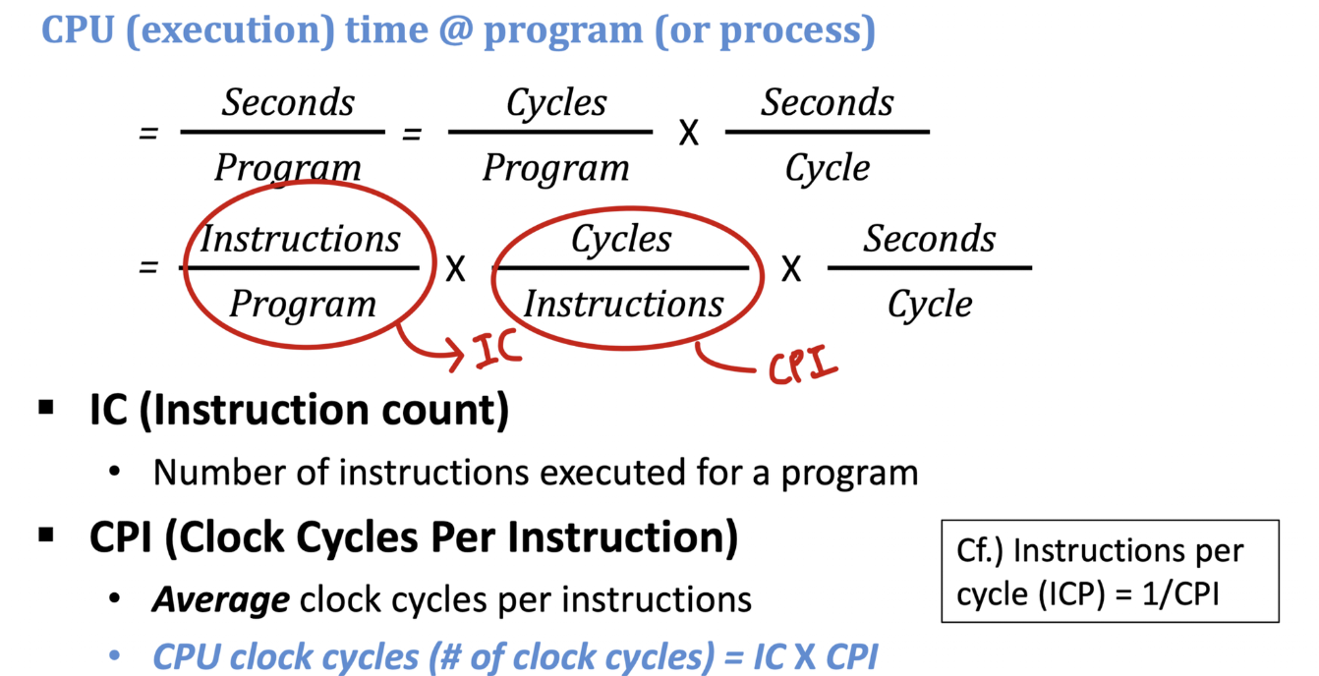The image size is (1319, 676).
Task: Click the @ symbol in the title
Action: [x=455, y=31]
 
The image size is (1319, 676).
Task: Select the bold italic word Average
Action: [x=220, y=599]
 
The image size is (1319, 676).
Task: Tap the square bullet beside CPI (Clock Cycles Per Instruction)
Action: [x=46, y=535]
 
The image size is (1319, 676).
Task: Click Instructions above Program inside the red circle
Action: [x=301, y=239]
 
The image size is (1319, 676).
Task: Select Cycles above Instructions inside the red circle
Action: [x=621, y=239]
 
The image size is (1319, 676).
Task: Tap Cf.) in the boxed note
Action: [x=980, y=550]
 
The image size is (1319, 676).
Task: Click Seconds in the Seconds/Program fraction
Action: [x=287, y=102]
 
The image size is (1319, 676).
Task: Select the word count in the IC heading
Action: [x=447, y=410]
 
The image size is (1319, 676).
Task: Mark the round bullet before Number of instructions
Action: [x=116, y=473]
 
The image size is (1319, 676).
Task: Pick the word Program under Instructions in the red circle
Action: [x=302, y=304]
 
